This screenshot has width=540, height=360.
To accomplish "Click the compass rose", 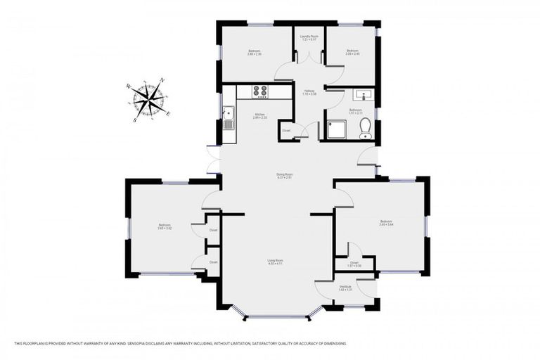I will click(149, 100).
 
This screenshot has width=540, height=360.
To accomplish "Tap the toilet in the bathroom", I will click(365, 127).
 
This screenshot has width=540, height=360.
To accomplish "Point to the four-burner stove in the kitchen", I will click(260, 91).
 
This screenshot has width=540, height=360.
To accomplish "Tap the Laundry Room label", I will click(309, 37).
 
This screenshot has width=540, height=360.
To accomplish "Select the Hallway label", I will click(309, 91).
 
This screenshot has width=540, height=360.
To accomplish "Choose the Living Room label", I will click(275, 262).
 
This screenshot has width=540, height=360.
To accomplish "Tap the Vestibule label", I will click(345, 287).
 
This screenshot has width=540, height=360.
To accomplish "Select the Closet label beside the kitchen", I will click(286, 130).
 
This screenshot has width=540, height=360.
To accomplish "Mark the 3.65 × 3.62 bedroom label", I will click(165, 226).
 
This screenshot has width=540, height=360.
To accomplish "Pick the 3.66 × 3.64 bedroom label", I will click(386, 222).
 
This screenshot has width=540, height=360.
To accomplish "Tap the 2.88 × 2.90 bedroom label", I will click(255, 52).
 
